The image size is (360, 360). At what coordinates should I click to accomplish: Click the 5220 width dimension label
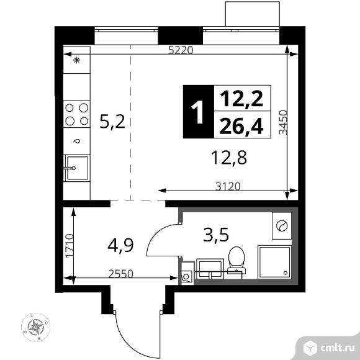coord(181,50)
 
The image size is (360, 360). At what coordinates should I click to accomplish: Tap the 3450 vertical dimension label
coord(283,122)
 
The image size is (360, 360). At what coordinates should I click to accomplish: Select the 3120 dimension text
coord(228,186)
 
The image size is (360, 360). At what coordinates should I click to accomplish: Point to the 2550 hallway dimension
coord(121,274)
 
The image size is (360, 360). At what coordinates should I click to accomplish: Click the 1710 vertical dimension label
coord(70,246)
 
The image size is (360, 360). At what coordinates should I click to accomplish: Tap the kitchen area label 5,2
coord(112,122)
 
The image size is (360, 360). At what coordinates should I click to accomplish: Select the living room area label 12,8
coord(229,157)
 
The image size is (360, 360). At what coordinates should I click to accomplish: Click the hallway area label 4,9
coord(120,245)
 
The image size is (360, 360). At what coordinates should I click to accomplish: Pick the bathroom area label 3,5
coord(216,235)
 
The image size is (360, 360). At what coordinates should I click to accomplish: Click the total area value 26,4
coord(241,126)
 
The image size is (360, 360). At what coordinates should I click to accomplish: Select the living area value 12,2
coord(241,99)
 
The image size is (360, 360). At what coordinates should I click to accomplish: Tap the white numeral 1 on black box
coord(197,112)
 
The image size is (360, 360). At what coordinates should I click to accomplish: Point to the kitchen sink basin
coord(77,168)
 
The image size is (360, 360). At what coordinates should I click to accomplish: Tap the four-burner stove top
coord(77,114)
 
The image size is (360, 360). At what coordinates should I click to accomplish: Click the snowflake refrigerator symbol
coord(77,60)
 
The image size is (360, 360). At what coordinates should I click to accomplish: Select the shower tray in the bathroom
coord(274,262)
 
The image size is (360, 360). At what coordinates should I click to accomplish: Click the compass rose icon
coord(35,327)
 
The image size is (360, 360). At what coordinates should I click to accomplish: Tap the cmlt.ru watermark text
coord(337,348)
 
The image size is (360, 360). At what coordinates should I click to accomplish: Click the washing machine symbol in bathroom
coord(282,226)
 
